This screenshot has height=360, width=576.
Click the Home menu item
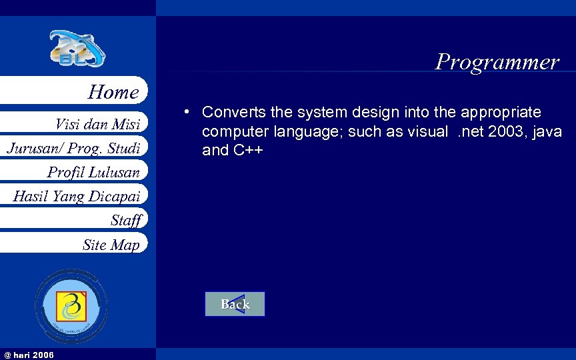click(x=113, y=92)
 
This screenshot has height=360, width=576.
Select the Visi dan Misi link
click(x=97, y=124)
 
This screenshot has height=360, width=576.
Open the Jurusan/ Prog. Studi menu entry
click(x=73, y=147)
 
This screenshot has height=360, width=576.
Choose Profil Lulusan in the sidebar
click(x=93, y=172)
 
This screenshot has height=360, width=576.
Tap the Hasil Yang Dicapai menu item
click(x=77, y=196)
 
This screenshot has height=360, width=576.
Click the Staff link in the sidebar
click(x=126, y=220)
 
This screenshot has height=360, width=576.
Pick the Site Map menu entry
click(x=111, y=245)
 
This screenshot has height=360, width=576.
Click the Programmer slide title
click(x=497, y=62)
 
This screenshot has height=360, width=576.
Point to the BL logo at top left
click(x=77, y=49)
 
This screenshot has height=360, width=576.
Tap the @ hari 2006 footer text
click(x=29, y=354)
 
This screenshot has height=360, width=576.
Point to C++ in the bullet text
click(x=247, y=151)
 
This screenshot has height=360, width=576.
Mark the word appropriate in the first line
click(x=501, y=112)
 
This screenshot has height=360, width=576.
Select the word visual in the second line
click(x=427, y=131)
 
